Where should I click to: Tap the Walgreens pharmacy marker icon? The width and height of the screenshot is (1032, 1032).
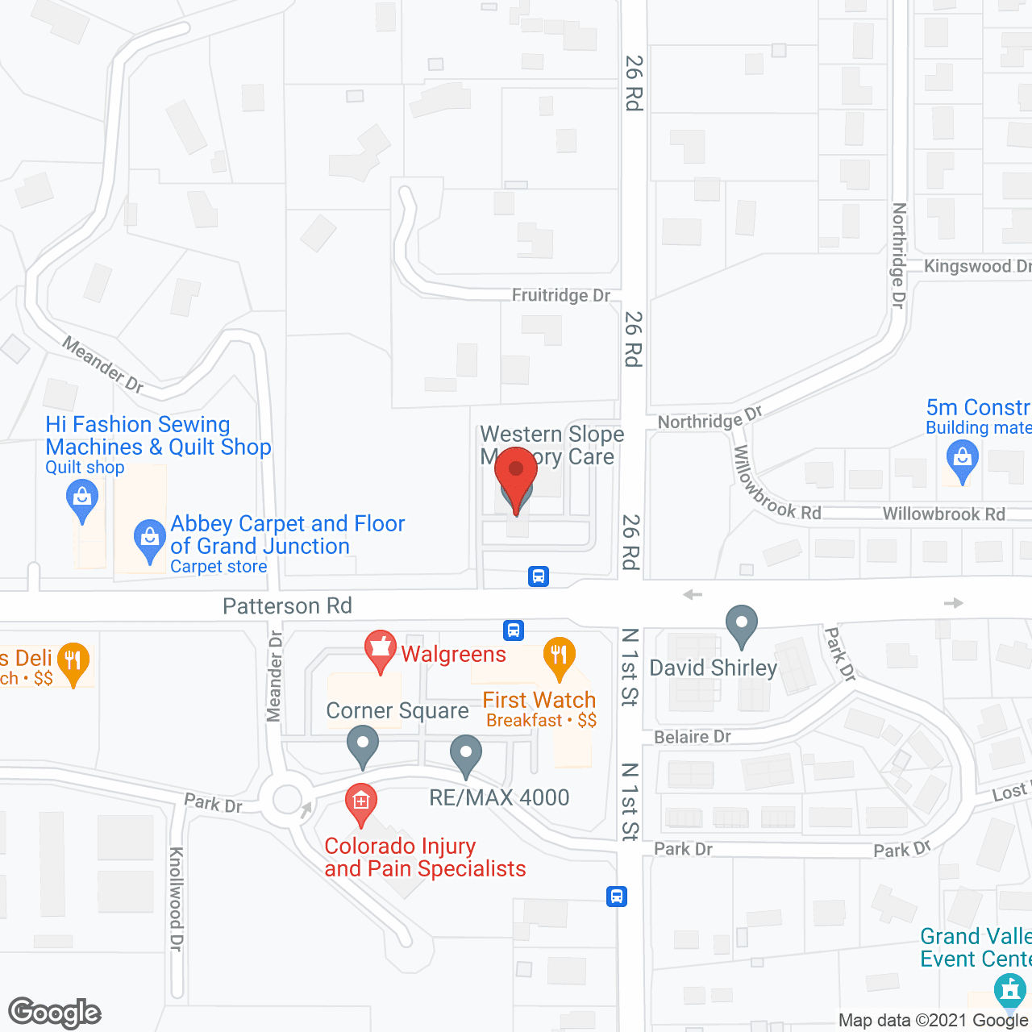click(x=380, y=649)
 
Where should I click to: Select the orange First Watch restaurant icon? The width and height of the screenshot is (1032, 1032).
click(x=559, y=656)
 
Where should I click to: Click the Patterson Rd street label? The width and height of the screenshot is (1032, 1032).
click(x=287, y=605)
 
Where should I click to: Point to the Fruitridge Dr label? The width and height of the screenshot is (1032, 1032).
click(x=561, y=296)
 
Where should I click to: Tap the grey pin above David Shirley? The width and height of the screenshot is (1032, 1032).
click(x=742, y=625)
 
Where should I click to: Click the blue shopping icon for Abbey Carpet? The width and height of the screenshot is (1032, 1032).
click(x=149, y=538)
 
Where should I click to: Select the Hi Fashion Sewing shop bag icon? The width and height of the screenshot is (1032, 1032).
click(x=82, y=497)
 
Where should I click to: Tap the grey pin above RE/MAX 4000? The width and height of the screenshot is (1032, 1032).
click(x=465, y=755)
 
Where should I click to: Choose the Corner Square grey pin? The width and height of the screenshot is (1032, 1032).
click(x=363, y=745)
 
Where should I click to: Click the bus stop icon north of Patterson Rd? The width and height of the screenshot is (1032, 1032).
click(x=539, y=576)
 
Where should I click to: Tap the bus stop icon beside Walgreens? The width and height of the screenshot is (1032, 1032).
click(x=514, y=630)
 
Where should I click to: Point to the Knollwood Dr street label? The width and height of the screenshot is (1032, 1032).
click(x=177, y=899)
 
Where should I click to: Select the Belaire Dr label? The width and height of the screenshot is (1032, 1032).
click(x=693, y=737)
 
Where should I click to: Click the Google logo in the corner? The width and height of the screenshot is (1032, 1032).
click(x=55, y=1013)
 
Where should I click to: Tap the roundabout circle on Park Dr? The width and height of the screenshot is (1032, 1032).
click(x=287, y=800)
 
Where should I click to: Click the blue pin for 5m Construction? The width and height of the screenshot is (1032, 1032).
click(x=962, y=459)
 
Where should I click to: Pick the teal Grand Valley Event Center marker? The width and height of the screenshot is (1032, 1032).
click(x=1009, y=990)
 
